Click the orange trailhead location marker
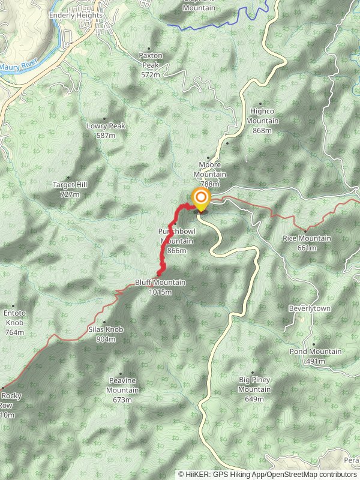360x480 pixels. pyautogui.click(x=200, y=198)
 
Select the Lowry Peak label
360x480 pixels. pyautogui.click(x=106, y=130)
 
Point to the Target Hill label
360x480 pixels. pyautogui.click(x=70, y=189)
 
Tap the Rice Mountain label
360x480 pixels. pyautogui.click(x=307, y=242)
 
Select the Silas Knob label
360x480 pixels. pyautogui.click(x=106, y=334)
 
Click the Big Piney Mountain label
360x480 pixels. pyautogui.click(x=254, y=385)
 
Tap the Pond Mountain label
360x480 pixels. pyautogui.click(x=315, y=356)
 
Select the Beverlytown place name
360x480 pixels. pyautogui.click(x=310, y=308)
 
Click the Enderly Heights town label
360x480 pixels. pyautogui.click(x=76, y=16)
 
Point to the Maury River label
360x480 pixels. pyautogui.click(x=19, y=67)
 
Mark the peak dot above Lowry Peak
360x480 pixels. pyautogui.click(x=104, y=119)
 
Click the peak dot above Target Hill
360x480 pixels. pyautogui.click(x=68, y=178)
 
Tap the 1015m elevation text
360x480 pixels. pyautogui.click(x=161, y=292)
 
